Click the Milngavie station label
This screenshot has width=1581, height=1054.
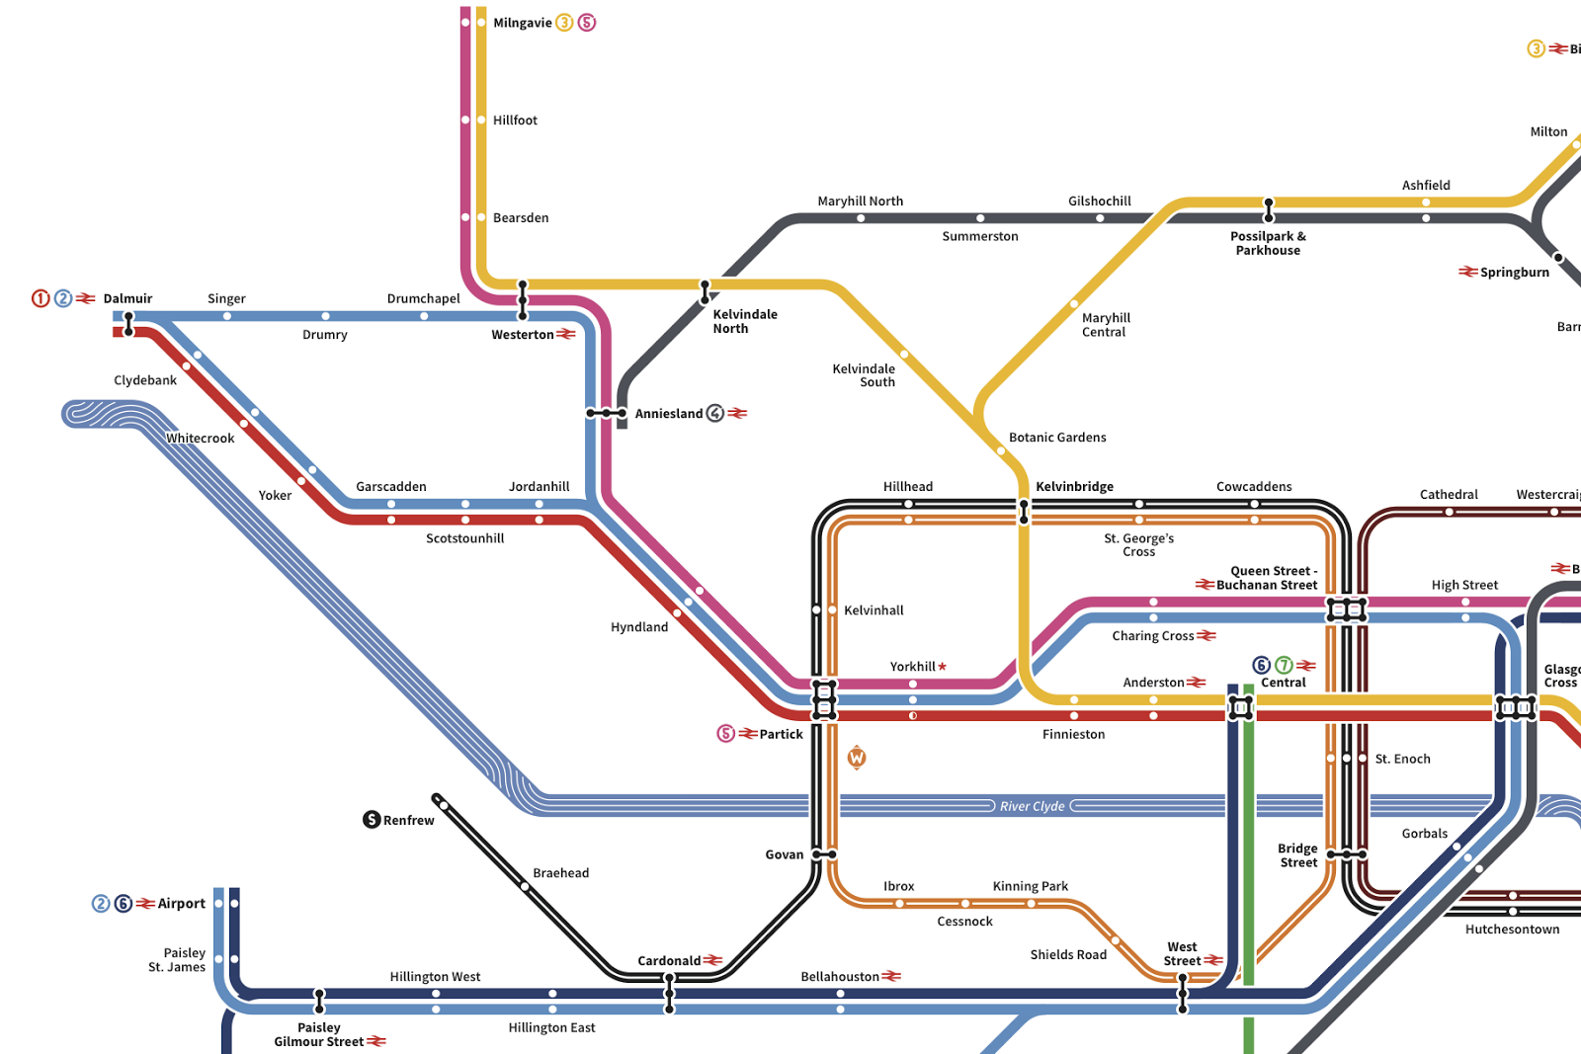tap(522, 23)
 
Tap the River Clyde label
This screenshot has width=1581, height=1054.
tap(1032, 806)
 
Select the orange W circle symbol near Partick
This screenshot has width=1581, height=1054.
tap(857, 758)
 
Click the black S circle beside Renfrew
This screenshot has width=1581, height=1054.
tap(372, 820)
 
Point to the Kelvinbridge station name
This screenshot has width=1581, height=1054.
tap(1074, 486)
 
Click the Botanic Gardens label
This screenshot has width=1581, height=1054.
tap(1057, 438)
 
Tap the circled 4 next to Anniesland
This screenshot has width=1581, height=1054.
tap(714, 413)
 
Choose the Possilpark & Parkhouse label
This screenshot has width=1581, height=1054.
tap(1268, 243)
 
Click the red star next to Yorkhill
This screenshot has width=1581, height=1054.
tap(943, 667)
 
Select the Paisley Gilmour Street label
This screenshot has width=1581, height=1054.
tap(318, 1034)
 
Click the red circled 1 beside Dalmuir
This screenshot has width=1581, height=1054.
tap(41, 298)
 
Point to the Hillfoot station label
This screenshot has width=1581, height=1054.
tap(515, 121)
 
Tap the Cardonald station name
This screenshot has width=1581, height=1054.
tap(669, 960)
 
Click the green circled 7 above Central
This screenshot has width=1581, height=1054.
tap(1284, 666)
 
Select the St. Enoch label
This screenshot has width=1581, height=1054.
tap(1402, 759)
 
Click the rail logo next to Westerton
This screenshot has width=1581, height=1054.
tap(565, 334)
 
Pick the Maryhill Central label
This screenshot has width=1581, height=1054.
tap(1105, 325)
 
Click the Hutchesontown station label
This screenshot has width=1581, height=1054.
tap(1512, 930)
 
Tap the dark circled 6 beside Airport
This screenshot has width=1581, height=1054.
tap(124, 903)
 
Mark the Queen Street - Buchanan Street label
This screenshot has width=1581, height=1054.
tap(1268, 578)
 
